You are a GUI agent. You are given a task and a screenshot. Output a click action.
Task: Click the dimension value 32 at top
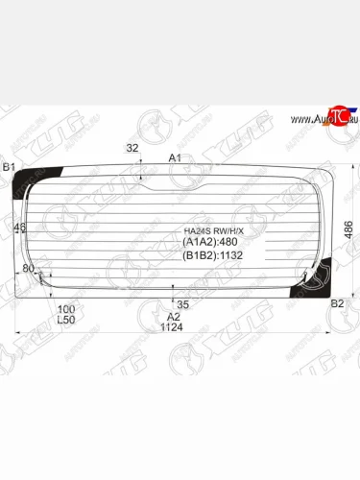tap(132, 148)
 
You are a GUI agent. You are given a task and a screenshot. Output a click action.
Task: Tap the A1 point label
tap(174, 157)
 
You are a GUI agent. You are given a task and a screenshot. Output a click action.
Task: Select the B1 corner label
tap(9, 168)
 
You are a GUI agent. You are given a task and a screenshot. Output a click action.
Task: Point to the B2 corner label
tap(337, 304)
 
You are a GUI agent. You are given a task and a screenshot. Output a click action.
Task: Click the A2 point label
tap(174, 317)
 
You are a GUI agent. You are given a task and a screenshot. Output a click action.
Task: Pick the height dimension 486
tap(350, 228)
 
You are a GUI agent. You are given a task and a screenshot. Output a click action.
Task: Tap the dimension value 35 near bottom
tap(183, 304)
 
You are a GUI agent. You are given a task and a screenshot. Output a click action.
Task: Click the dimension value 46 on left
tap(20, 228)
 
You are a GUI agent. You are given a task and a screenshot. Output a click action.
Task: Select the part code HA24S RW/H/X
tap(214, 231)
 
